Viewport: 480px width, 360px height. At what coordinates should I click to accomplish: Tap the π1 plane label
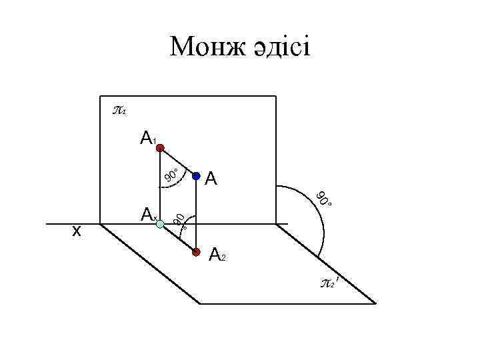(x=119, y=109)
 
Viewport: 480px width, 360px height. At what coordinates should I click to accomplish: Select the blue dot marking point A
(x=197, y=176)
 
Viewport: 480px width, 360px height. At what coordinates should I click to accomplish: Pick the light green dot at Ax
(x=159, y=225)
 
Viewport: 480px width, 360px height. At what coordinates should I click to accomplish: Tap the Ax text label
(x=147, y=215)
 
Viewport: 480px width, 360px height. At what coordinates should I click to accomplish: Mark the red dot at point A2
(x=196, y=253)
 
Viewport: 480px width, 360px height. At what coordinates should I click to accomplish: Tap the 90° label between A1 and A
(x=171, y=175)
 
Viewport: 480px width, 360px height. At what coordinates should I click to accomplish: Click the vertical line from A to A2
(x=197, y=213)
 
